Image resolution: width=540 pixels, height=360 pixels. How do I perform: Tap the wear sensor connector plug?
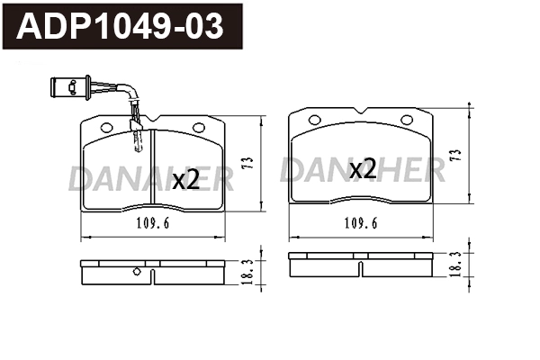coord(67,86)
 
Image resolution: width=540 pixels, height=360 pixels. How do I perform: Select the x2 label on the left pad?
coord(184,179)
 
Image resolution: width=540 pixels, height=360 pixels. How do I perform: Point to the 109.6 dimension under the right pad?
coord(360,226)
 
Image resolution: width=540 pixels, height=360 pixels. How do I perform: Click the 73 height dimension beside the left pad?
coord(247,163)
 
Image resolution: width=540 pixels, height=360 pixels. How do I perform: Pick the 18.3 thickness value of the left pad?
coord(247,269)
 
